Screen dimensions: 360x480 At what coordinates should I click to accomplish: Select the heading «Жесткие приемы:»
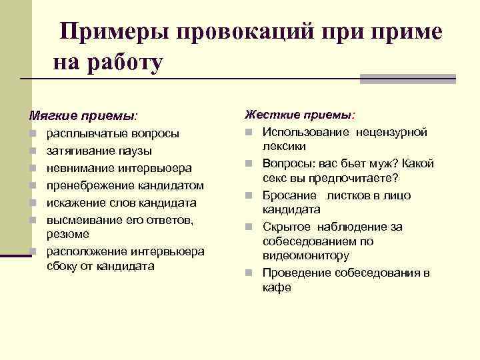tap(300, 116)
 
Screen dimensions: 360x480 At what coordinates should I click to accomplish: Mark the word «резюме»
tap(67, 235)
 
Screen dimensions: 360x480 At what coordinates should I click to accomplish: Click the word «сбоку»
tap(62, 266)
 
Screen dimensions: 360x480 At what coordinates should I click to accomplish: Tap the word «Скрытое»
tap(285, 227)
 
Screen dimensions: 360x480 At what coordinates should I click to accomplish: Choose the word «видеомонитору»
tap(306, 255)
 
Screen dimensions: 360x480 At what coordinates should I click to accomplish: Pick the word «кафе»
tap(277, 287)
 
